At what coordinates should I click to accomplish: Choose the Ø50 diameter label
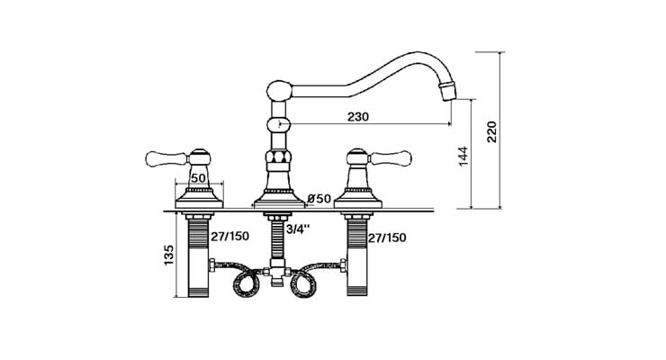point(319,197)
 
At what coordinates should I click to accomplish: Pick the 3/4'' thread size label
point(297,229)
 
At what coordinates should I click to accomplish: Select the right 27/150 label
point(386,238)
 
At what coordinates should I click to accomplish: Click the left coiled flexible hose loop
point(244,284)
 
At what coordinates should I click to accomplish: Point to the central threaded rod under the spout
point(275,238)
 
